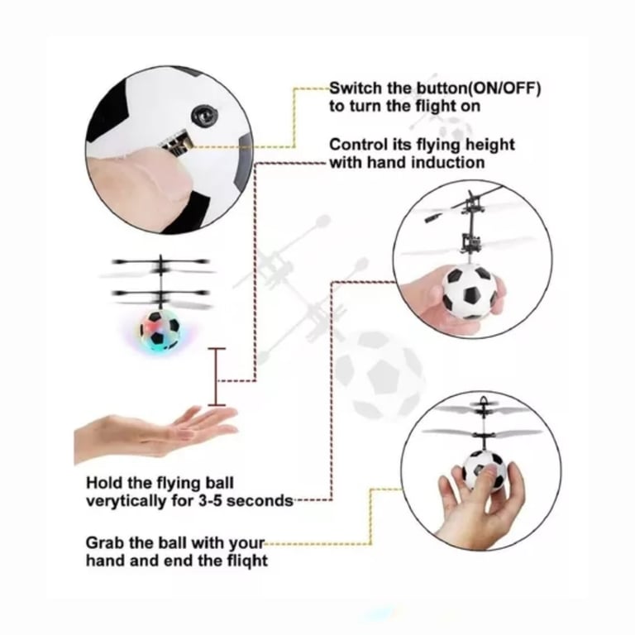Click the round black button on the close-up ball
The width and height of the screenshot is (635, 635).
coord(204,116)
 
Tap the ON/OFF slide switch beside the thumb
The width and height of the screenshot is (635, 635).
coord(177,143)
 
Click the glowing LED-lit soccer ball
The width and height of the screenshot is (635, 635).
coord(160,330)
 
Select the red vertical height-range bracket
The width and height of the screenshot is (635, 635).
coord(217,377)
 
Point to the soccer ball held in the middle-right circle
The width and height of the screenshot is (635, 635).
coord(470,290)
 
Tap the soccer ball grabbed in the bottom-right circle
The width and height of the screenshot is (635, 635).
coord(484,470)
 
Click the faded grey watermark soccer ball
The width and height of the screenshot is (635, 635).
coord(380,375)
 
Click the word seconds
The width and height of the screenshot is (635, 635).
coord(260,501)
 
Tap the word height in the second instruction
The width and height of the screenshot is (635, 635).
coord(489,145)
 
